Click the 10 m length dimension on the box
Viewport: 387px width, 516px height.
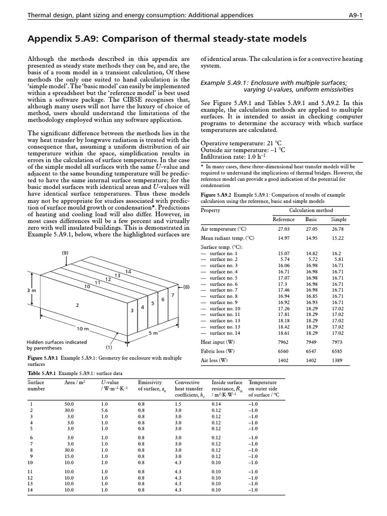pyautogui.click(x=82, y=329)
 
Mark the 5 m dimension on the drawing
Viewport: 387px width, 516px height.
pyautogui.click(x=153, y=333)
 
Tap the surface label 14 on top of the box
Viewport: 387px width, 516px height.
pyautogui.click(x=128, y=272)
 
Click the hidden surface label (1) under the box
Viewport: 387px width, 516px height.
pyautogui.click(x=108, y=348)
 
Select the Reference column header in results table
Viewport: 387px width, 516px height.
pyautogui.click(x=283, y=219)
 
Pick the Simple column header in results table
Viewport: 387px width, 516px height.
pyautogui.click(x=339, y=219)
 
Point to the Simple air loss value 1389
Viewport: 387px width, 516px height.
pyautogui.click(x=339, y=360)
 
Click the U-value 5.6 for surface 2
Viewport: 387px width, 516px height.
pyautogui.click(x=105, y=410)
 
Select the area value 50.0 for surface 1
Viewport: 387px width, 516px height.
pyautogui.click(x=69, y=404)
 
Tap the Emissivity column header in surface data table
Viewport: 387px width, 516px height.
pyautogui.click(x=149, y=382)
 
